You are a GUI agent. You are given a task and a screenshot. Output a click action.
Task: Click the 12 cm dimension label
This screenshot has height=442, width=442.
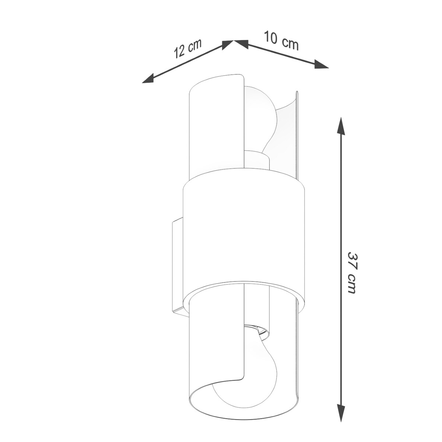click(188, 52)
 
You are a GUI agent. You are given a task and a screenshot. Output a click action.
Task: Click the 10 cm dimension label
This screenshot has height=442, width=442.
click(281, 41)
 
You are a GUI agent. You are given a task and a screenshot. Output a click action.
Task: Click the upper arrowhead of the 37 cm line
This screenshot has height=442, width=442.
click(341, 126)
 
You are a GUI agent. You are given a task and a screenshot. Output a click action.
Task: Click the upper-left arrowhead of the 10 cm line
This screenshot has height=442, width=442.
click(241, 44)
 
